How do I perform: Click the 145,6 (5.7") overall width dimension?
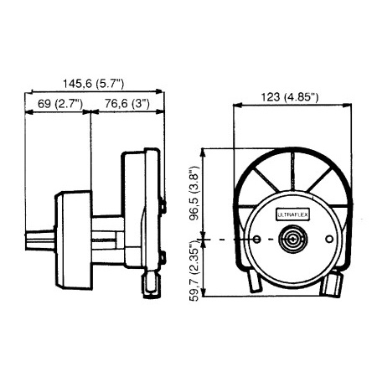coord(93,83)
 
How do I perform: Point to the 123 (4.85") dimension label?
coord(289,97)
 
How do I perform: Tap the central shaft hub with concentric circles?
coord(292,241)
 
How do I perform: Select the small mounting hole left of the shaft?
coord(254,241)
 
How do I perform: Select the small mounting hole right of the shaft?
coord(330,241)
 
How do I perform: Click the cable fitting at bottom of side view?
coord(152,281)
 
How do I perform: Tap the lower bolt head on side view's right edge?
coord(162,256)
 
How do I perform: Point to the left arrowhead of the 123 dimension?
coord(236,106)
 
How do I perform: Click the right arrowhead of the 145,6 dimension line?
coord(160,90)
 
